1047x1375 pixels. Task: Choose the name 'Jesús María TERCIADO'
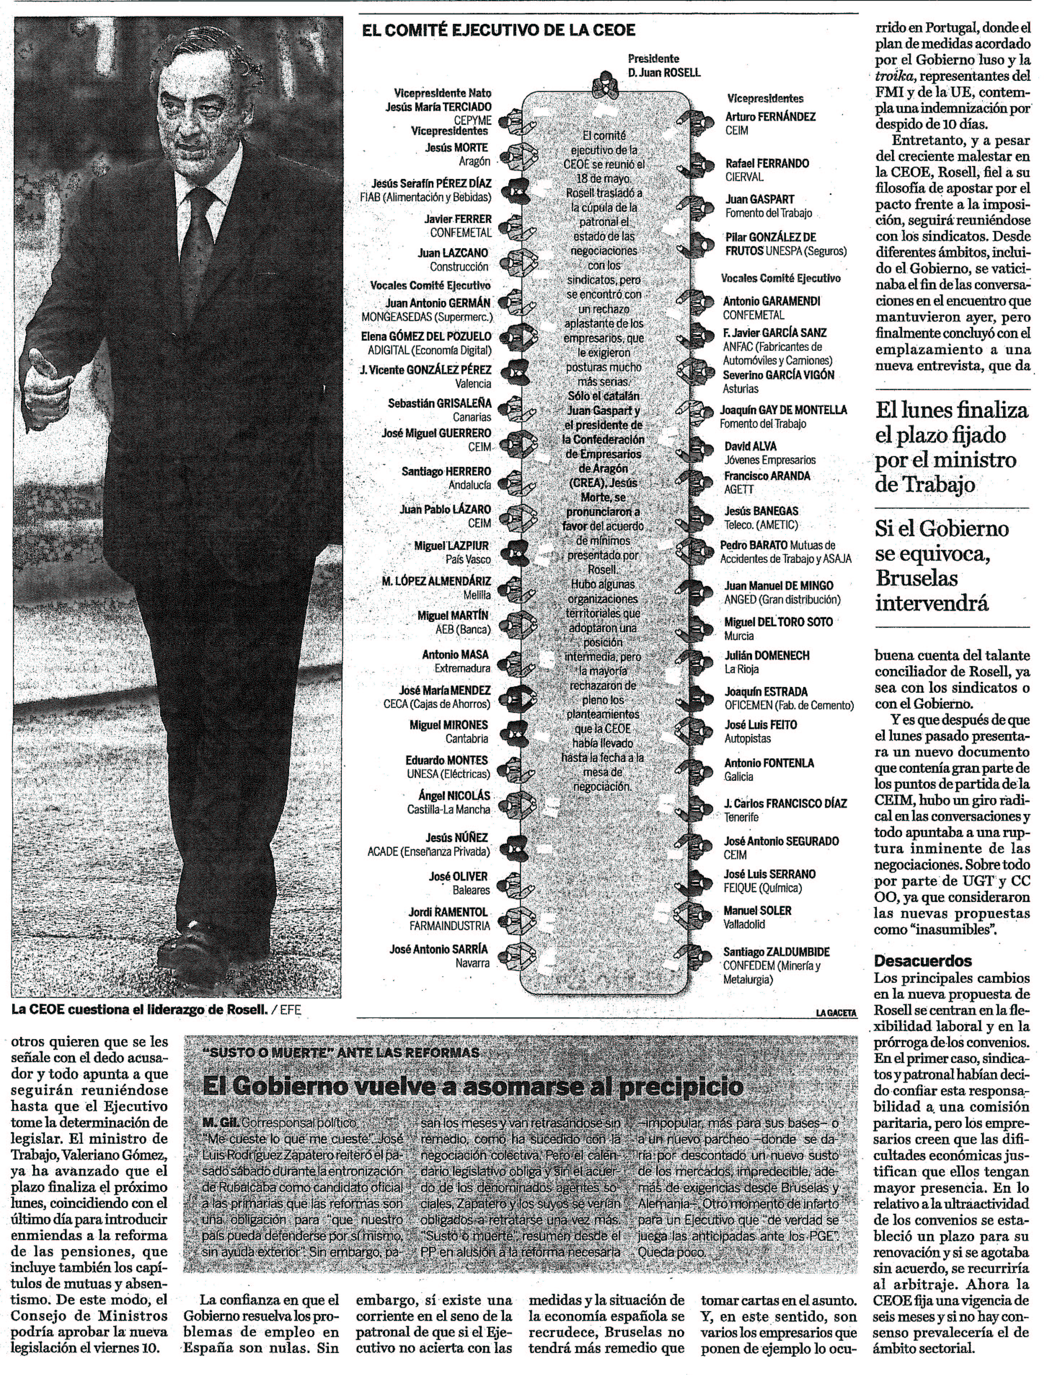click(x=438, y=107)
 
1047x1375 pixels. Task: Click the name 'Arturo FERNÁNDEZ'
click(x=770, y=117)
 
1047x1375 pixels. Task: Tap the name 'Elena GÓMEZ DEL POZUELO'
click(x=426, y=336)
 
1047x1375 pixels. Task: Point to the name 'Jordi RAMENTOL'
click(x=448, y=912)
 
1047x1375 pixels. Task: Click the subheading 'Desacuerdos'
click(x=914, y=961)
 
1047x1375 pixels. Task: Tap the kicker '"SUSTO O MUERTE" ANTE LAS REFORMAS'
click(x=341, y=1052)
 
